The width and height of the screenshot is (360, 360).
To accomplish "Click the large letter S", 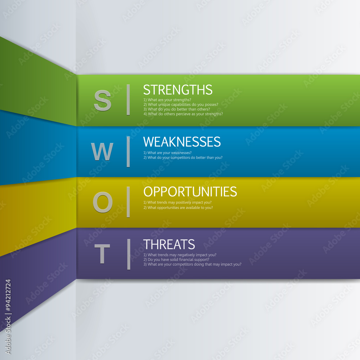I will (x=103, y=100).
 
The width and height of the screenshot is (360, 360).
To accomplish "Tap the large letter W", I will (x=102, y=152).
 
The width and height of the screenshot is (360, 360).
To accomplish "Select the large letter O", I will (x=103, y=202).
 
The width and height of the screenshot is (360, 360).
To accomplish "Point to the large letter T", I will (x=102, y=253).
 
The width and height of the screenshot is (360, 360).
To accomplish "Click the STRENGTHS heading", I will (x=178, y=90).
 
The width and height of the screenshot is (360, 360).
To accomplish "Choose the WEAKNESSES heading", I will (x=182, y=141).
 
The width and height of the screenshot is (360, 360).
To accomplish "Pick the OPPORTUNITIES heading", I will (x=190, y=191).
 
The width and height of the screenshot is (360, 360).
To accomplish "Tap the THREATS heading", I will (x=169, y=244).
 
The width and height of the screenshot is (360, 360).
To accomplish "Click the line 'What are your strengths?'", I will (x=167, y=100).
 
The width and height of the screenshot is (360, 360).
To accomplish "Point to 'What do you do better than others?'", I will (x=176, y=109).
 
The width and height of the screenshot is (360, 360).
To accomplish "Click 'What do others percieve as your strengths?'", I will (x=183, y=114).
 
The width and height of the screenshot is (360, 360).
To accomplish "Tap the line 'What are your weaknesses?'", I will (x=167, y=153).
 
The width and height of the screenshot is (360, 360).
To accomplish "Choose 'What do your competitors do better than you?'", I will (x=183, y=157).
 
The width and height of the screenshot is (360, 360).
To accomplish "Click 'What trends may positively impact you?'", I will (x=177, y=202).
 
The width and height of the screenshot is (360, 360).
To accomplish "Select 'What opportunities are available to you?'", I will (x=178, y=207).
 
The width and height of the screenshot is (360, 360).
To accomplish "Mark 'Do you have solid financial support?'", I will (x=176, y=259).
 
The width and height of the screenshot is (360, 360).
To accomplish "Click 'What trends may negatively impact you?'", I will (x=180, y=255).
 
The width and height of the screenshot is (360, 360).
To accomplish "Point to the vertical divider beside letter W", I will (x=128, y=152).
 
